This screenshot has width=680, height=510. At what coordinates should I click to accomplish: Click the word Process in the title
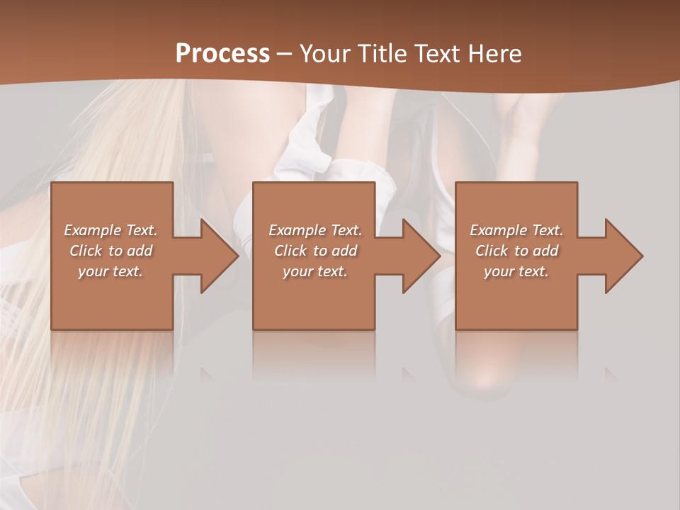tap(222, 54)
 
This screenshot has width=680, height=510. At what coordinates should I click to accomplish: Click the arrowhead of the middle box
tap(420, 256)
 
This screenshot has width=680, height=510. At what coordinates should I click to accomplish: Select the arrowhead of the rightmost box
tap(623, 256)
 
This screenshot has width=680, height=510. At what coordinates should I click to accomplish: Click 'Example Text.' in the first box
tap(111, 230)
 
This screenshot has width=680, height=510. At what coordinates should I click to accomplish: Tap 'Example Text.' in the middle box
tap(315, 230)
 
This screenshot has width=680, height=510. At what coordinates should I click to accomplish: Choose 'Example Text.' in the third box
tap(516, 230)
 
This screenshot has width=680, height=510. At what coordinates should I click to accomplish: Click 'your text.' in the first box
tap(111, 271)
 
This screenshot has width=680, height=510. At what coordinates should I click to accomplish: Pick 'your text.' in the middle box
tap(315, 271)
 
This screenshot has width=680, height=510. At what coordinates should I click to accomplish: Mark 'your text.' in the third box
tap(516, 271)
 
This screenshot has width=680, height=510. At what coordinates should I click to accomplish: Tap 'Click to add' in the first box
tap(111, 251)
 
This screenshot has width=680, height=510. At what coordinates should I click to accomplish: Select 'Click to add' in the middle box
tap(315, 251)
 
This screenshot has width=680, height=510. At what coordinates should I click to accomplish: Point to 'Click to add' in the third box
tap(516, 251)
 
